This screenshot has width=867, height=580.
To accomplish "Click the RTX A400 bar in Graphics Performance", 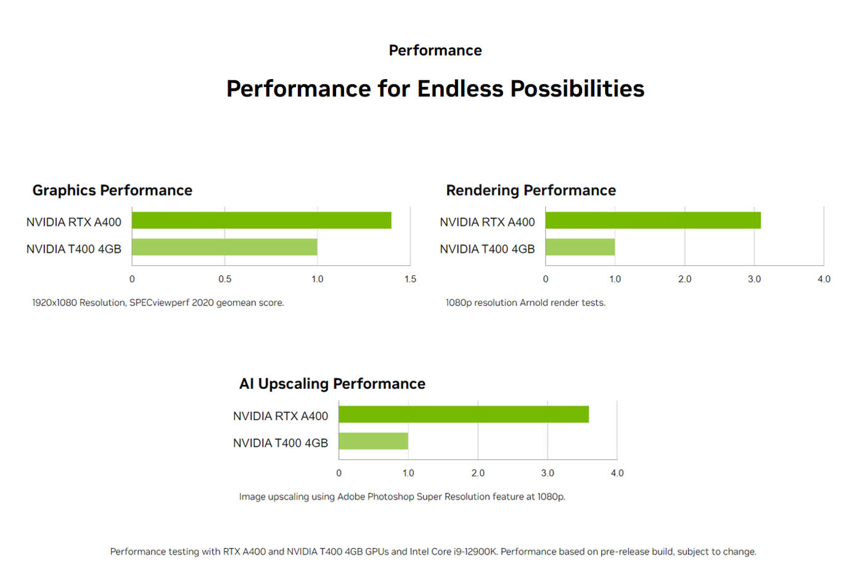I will click(x=261, y=220).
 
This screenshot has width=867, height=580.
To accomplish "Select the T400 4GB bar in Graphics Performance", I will click(x=224, y=247).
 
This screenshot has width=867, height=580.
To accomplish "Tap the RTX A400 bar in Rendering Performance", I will click(x=653, y=220).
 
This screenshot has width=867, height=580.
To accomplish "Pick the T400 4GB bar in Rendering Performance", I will click(x=580, y=247).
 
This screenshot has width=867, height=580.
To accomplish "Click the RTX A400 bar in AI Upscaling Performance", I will click(x=464, y=415).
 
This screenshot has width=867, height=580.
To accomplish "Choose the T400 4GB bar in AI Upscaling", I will click(x=373, y=441).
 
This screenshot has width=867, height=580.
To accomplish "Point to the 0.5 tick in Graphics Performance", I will click(x=225, y=279).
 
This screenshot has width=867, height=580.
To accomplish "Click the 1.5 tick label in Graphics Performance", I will click(x=410, y=279).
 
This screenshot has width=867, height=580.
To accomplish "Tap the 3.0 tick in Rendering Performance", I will click(x=754, y=279).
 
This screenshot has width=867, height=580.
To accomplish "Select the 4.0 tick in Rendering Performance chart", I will click(x=824, y=279).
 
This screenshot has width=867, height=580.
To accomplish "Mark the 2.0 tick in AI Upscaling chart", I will click(x=478, y=473).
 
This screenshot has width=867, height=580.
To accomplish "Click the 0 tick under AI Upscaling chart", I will click(x=339, y=473).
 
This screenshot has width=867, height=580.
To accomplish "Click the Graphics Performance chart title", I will click(x=112, y=190).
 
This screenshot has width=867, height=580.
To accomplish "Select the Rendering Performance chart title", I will click(x=531, y=190).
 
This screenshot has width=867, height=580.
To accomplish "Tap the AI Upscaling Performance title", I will click(x=332, y=384).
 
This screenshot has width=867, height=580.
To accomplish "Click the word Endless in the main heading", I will click(x=461, y=89).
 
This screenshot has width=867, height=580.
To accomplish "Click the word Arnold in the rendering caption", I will click(x=535, y=303).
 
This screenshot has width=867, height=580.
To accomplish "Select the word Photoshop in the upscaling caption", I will click(x=390, y=497).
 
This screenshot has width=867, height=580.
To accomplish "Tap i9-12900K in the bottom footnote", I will click(x=475, y=552).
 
